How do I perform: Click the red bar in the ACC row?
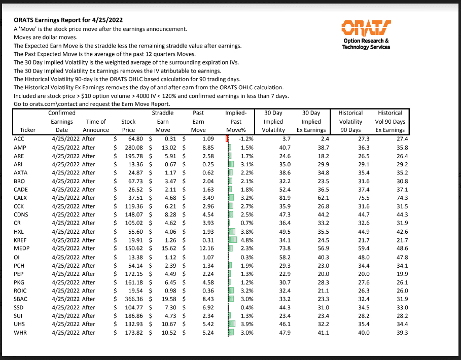(x=226, y=138)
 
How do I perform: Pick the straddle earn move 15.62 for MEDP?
(x=166, y=248)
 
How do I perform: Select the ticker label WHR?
(x=20, y=333)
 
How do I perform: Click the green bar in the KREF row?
(x=233, y=240)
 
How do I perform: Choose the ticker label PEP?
(x=19, y=273)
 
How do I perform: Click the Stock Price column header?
(x=128, y=126)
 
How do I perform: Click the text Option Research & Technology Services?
(x=366, y=44)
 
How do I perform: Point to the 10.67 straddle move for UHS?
(x=166, y=324)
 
